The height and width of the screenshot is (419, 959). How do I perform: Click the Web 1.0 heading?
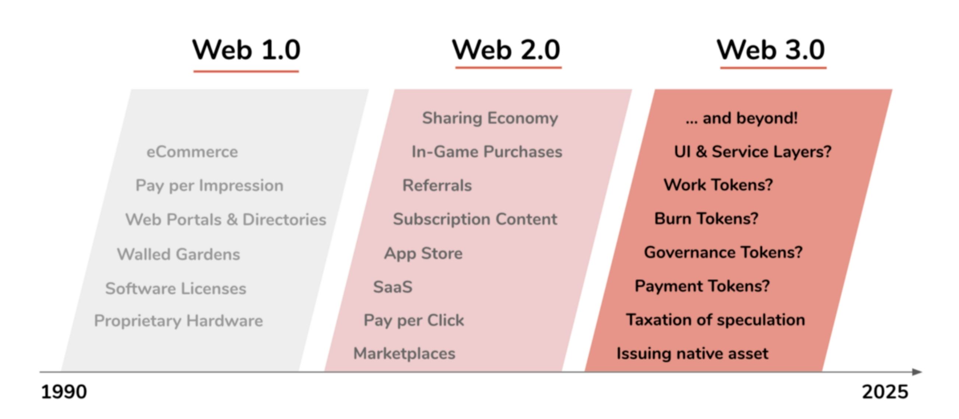click(246, 50)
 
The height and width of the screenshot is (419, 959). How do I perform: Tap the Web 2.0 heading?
click(506, 50)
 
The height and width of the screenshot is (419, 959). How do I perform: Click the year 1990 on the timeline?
click(64, 392)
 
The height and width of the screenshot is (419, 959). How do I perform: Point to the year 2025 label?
click(885, 392)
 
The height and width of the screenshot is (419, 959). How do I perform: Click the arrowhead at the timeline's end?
click(917, 372)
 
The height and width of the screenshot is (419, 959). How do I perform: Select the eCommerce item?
click(192, 152)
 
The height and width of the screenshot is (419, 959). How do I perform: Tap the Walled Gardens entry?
click(179, 254)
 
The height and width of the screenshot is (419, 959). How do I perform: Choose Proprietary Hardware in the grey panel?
click(179, 321)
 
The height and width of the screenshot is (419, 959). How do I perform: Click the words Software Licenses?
click(176, 288)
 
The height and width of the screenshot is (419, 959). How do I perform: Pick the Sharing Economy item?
click(490, 118)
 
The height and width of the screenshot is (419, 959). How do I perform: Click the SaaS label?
click(393, 287)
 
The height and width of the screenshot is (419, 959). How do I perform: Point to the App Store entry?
click(423, 253)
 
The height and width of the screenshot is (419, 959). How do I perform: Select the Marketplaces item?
click(404, 353)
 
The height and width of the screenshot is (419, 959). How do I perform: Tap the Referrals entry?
click(437, 185)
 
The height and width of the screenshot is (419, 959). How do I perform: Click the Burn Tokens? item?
click(706, 218)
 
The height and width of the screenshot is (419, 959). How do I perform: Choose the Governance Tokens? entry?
click(723, 252)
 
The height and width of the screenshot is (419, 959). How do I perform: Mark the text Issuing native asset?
click(692, 353)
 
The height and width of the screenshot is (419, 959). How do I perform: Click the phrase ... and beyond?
click(741, 118)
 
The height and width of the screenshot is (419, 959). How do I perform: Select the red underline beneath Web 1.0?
click(246, 71)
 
